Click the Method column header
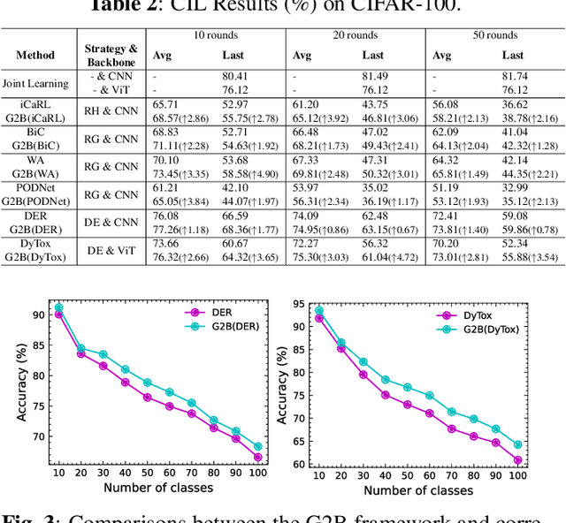click(x=34, y=55)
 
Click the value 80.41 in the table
click(x=234, y=76)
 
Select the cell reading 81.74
click(x=514, y=76)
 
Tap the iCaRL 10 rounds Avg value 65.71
click(x=165, y=104)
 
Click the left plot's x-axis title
click(x=157, y=488)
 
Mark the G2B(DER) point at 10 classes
click(x=58, y=307)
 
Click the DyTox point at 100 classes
click(x=517, y=459)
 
